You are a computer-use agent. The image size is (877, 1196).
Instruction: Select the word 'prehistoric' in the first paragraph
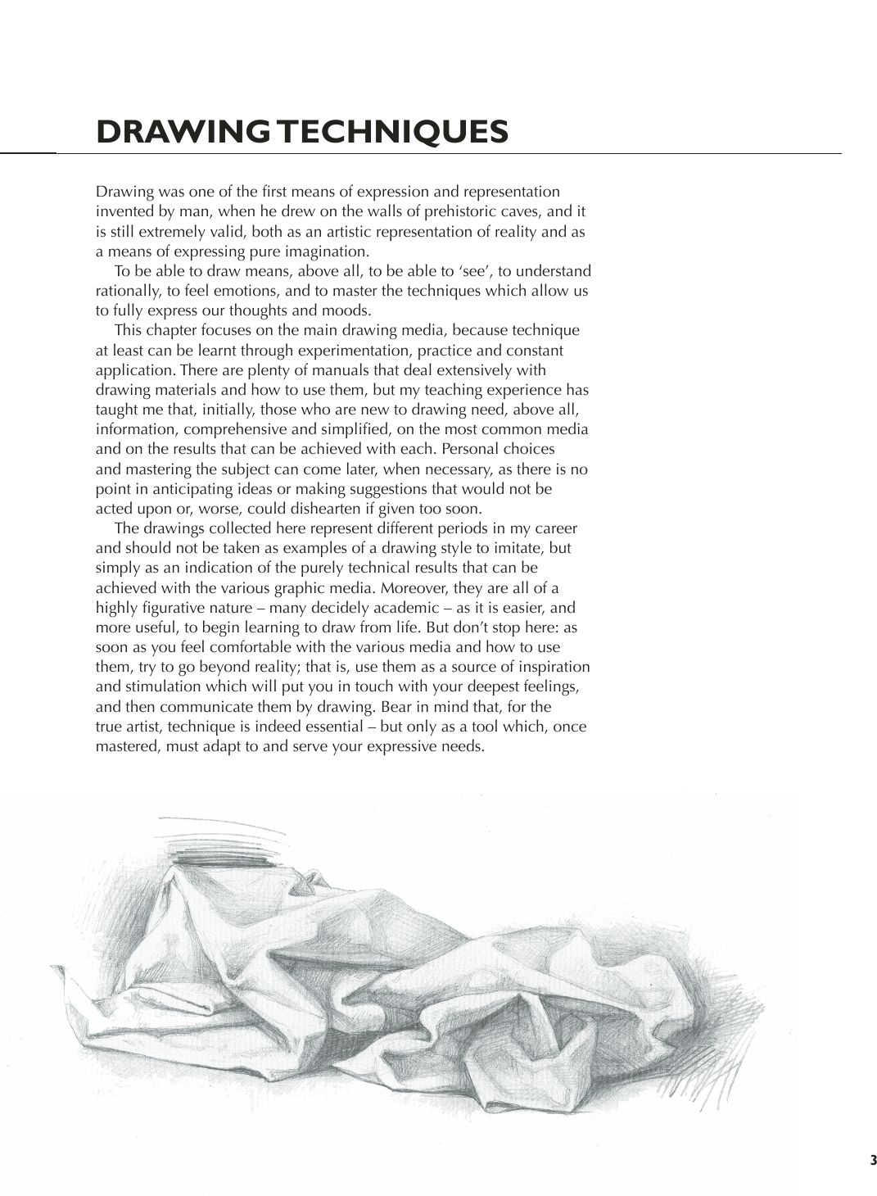[444, 211]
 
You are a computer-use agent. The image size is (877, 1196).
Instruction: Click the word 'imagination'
[328, 251]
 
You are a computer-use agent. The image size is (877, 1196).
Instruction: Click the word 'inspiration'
[552, 667]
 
